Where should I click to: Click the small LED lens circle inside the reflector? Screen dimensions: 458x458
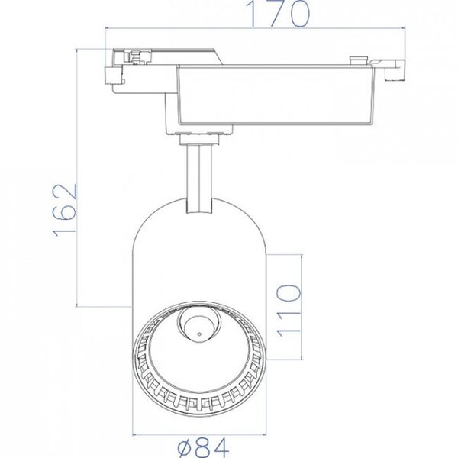197,327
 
